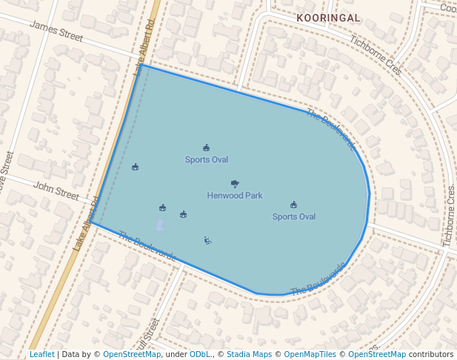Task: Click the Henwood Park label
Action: [234, 196]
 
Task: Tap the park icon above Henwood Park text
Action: [235, 184]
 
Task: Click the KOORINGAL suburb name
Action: [328, 17]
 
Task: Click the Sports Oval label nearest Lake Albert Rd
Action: [206, 159]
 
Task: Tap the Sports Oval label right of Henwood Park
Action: [293, 216]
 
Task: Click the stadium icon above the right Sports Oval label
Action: [293, 204]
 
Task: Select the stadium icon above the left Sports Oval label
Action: [206, 147]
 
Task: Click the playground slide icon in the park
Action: [207, 240]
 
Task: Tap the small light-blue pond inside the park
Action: [161, 224]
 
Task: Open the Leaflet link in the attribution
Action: [41, 355]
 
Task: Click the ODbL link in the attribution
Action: [199, 355]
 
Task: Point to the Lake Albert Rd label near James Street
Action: [144, 48]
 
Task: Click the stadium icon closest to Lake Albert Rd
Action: [135, 167]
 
